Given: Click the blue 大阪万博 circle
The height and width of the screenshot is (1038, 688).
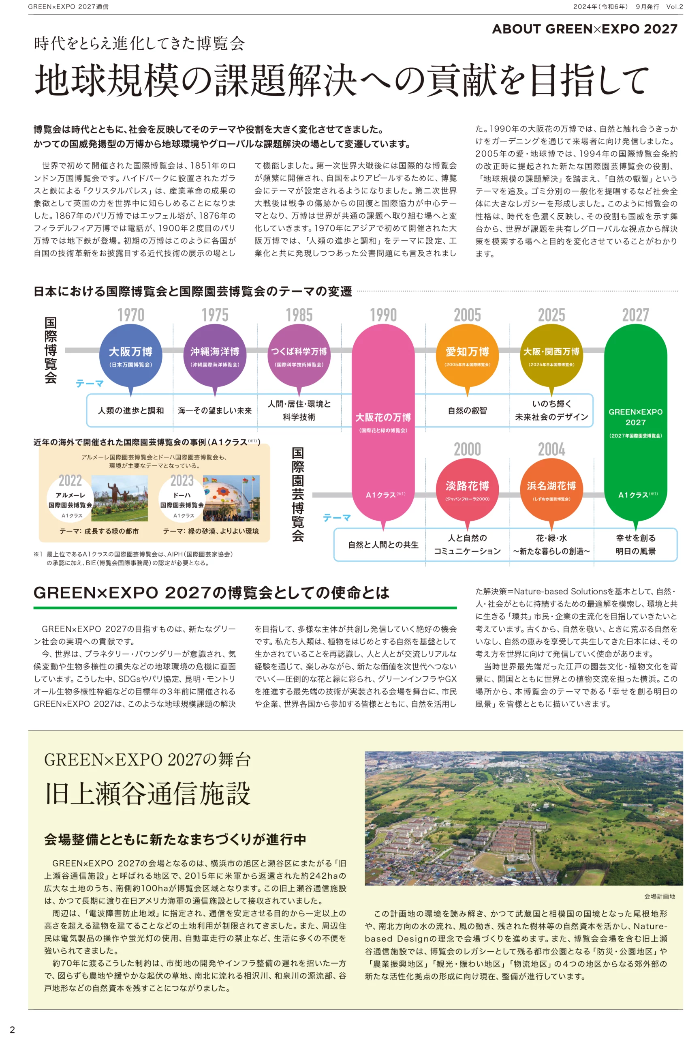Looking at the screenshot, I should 131,355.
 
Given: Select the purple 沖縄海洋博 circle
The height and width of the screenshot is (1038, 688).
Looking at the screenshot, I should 215,355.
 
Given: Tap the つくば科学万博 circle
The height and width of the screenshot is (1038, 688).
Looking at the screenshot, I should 299,355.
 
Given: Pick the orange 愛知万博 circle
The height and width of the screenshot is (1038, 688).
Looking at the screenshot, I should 467,355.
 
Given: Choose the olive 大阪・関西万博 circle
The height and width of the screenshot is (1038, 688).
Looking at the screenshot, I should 551,355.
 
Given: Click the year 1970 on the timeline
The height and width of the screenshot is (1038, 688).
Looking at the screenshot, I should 131,315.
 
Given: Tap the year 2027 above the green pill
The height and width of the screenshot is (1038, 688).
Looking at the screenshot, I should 635,315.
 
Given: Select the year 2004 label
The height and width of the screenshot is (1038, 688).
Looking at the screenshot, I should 551,449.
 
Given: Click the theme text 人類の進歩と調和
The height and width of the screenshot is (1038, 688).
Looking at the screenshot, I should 131,411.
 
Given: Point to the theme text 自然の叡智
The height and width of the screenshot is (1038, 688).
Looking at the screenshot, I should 467,411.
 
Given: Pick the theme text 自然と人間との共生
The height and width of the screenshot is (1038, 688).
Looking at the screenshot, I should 383,545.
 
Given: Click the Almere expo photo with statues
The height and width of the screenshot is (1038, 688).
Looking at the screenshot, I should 120,498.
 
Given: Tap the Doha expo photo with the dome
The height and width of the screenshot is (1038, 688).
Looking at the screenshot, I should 231,498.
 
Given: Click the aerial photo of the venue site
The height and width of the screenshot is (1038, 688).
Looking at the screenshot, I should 523,818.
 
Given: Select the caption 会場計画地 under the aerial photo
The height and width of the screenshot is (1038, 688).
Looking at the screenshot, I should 660,896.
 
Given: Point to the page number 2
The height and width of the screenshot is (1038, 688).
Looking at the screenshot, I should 12,1029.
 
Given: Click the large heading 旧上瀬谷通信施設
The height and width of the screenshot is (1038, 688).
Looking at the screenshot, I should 147,794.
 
